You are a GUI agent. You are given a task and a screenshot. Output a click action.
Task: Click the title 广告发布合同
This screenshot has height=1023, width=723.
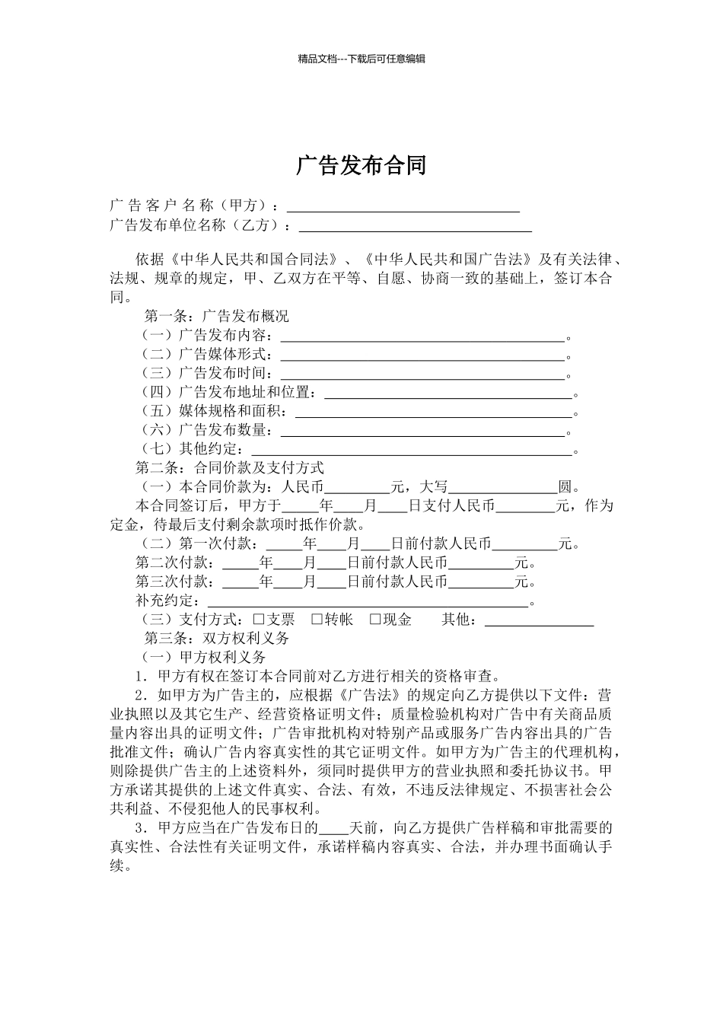[x=361, y=165]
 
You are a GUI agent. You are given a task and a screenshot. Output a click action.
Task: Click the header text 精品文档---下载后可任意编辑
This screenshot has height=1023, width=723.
[x=361, y=59]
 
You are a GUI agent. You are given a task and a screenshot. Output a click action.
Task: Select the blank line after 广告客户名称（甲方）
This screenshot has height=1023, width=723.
[x=403, y=207]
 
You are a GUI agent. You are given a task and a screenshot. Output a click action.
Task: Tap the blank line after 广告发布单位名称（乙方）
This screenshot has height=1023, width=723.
[x=415, y=226]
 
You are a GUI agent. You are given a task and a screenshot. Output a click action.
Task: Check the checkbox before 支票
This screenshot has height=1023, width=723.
[x=258, y=620]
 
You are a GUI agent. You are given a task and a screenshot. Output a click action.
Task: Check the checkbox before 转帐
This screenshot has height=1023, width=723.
[x=317, y=620]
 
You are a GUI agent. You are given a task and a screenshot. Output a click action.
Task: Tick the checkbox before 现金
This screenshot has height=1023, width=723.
[x=375, y=620]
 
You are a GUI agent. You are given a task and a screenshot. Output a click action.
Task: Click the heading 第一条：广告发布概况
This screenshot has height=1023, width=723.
[x=217, y=316]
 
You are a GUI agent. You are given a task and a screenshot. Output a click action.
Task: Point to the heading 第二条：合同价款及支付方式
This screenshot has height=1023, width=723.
[x=230, y=467]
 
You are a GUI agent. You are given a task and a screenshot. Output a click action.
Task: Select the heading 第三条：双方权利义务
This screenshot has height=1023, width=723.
[x=217, y=639]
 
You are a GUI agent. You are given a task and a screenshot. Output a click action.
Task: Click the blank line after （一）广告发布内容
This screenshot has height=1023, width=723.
[x=422, y=336]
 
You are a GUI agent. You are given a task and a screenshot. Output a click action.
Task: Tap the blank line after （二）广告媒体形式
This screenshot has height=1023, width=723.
[x=422, y=355]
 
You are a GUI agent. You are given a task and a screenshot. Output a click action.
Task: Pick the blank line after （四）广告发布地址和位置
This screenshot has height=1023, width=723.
[x=448, y=394]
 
